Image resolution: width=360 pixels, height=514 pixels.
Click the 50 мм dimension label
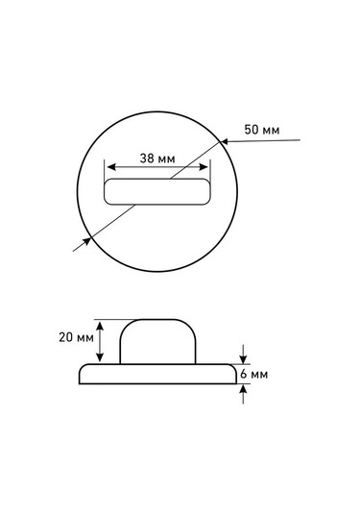point(262,130)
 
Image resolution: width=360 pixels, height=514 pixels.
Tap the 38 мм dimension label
point(157,159)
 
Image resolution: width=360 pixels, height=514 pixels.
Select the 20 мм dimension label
point(76,337)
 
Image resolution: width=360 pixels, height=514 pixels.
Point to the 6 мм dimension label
point(253,374)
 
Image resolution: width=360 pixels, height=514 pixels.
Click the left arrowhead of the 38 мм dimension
point(111,167)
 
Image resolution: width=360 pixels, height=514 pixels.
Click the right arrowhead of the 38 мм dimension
point(204,167)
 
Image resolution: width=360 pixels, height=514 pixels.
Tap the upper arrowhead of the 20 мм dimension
point(100,326)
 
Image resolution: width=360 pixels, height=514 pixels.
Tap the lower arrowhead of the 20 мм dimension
point(100,357)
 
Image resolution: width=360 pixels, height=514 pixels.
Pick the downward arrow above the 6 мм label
point(243,354)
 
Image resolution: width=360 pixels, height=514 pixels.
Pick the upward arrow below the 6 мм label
point(243,394)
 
